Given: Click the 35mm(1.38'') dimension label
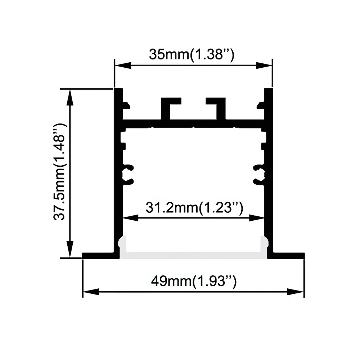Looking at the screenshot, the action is point(192,54).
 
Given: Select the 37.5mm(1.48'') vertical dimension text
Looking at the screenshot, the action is point(59,172).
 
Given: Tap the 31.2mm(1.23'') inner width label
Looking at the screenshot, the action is point(194,208).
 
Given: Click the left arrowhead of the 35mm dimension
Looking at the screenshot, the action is point(123,66).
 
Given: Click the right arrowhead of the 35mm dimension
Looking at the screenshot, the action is point(264,66).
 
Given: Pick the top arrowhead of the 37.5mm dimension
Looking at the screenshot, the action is point(70,97).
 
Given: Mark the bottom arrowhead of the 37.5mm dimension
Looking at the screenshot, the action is point(70,249).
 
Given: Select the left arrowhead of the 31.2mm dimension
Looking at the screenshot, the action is point(131,218).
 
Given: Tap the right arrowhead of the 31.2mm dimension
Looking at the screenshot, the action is point(256,218).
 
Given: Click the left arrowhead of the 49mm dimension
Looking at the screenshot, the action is point(91,292).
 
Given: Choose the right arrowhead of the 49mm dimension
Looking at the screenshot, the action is point(296,292).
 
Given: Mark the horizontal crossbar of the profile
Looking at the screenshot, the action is point(193,123).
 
